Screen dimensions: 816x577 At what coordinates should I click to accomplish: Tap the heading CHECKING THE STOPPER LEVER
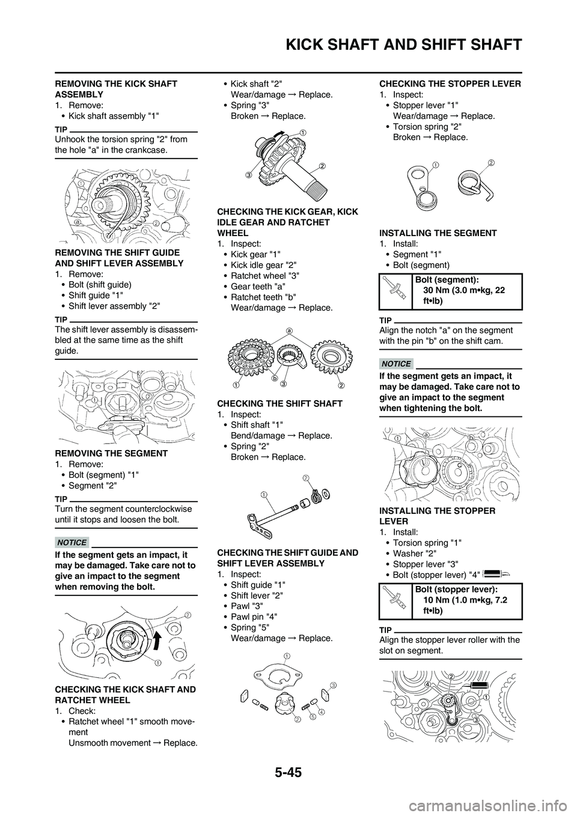tap(450, 84)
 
